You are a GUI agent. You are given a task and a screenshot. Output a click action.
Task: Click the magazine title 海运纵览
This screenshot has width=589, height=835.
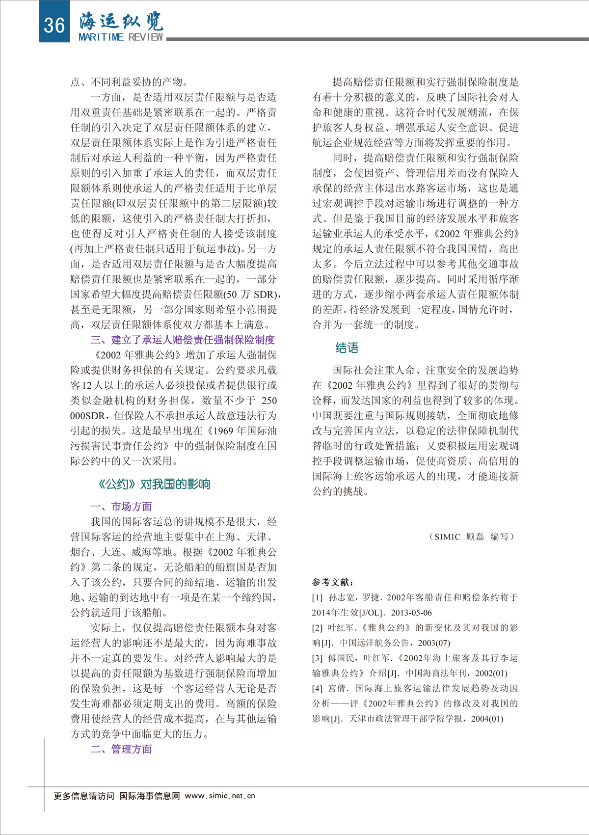(121, 21)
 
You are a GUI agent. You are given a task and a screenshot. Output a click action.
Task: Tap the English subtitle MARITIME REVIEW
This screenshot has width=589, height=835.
(121, 37)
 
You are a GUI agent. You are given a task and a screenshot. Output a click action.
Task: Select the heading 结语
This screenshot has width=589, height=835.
(347, 348)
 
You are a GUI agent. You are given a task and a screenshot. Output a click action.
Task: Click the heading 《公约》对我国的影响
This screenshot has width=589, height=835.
(154, 484)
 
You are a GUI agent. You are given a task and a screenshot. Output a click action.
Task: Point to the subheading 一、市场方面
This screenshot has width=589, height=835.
(121, 506)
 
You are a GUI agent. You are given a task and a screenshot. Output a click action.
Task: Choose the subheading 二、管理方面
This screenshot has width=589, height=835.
(121, 749)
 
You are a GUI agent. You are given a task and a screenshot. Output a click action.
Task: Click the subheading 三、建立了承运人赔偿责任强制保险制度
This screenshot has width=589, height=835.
(183, 340)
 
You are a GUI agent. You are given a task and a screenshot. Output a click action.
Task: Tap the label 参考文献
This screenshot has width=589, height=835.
(333, 582)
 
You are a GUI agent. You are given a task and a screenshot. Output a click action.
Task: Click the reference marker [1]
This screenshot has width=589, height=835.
(318, 597)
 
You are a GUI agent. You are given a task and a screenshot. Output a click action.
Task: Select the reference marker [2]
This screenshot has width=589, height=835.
(318, 628)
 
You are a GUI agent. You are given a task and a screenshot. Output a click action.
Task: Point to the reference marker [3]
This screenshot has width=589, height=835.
(318, 658)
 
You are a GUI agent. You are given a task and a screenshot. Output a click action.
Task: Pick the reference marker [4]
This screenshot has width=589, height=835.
(318, 688)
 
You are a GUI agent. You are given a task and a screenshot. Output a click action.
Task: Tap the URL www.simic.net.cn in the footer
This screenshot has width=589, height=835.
(220, 796)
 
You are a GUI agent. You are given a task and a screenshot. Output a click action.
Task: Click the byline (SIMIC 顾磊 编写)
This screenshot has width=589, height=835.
(471, 537)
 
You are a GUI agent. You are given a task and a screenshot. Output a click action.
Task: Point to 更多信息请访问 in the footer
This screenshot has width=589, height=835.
(84, 796)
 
